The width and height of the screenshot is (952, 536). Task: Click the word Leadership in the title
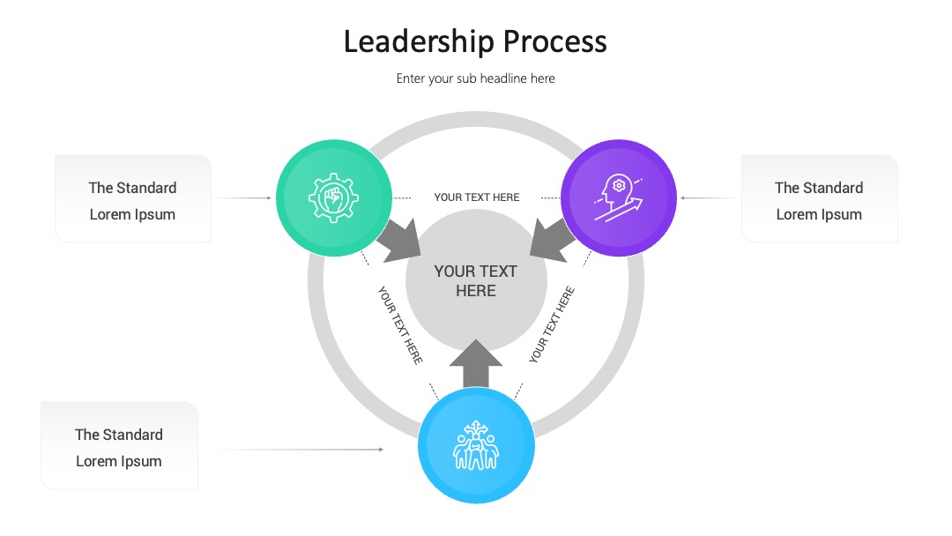click(419, 42)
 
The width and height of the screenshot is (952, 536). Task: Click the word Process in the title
click(555, 42)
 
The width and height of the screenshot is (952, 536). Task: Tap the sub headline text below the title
click(475, 78)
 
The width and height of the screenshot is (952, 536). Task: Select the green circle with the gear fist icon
click(333, 197)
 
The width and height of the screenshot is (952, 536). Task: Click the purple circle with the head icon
click(619, 197)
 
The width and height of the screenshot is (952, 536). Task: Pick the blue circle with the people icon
click(476, 445)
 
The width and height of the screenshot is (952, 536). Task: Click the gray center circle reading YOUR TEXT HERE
click(476, 280)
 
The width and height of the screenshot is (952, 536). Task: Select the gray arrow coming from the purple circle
click(553, 241)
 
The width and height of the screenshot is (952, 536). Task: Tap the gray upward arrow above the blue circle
click(476, 363)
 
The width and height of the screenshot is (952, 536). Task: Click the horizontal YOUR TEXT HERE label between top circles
click(477, 197)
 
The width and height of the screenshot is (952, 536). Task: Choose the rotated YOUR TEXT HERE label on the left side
click(400, 324)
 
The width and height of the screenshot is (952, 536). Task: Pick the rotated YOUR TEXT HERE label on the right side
click(551, 324)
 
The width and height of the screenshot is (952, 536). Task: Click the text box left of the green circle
click(133, 198)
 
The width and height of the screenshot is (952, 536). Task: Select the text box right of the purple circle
click(819, 198)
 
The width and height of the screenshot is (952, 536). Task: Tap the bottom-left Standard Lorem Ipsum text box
click(120, 445)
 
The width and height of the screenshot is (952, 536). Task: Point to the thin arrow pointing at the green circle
click(245, 197)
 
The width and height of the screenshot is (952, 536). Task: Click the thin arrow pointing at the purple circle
click(707, 197)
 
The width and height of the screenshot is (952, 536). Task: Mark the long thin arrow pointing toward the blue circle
click(301, 450)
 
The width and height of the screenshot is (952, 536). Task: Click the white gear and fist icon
click(333, 197)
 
